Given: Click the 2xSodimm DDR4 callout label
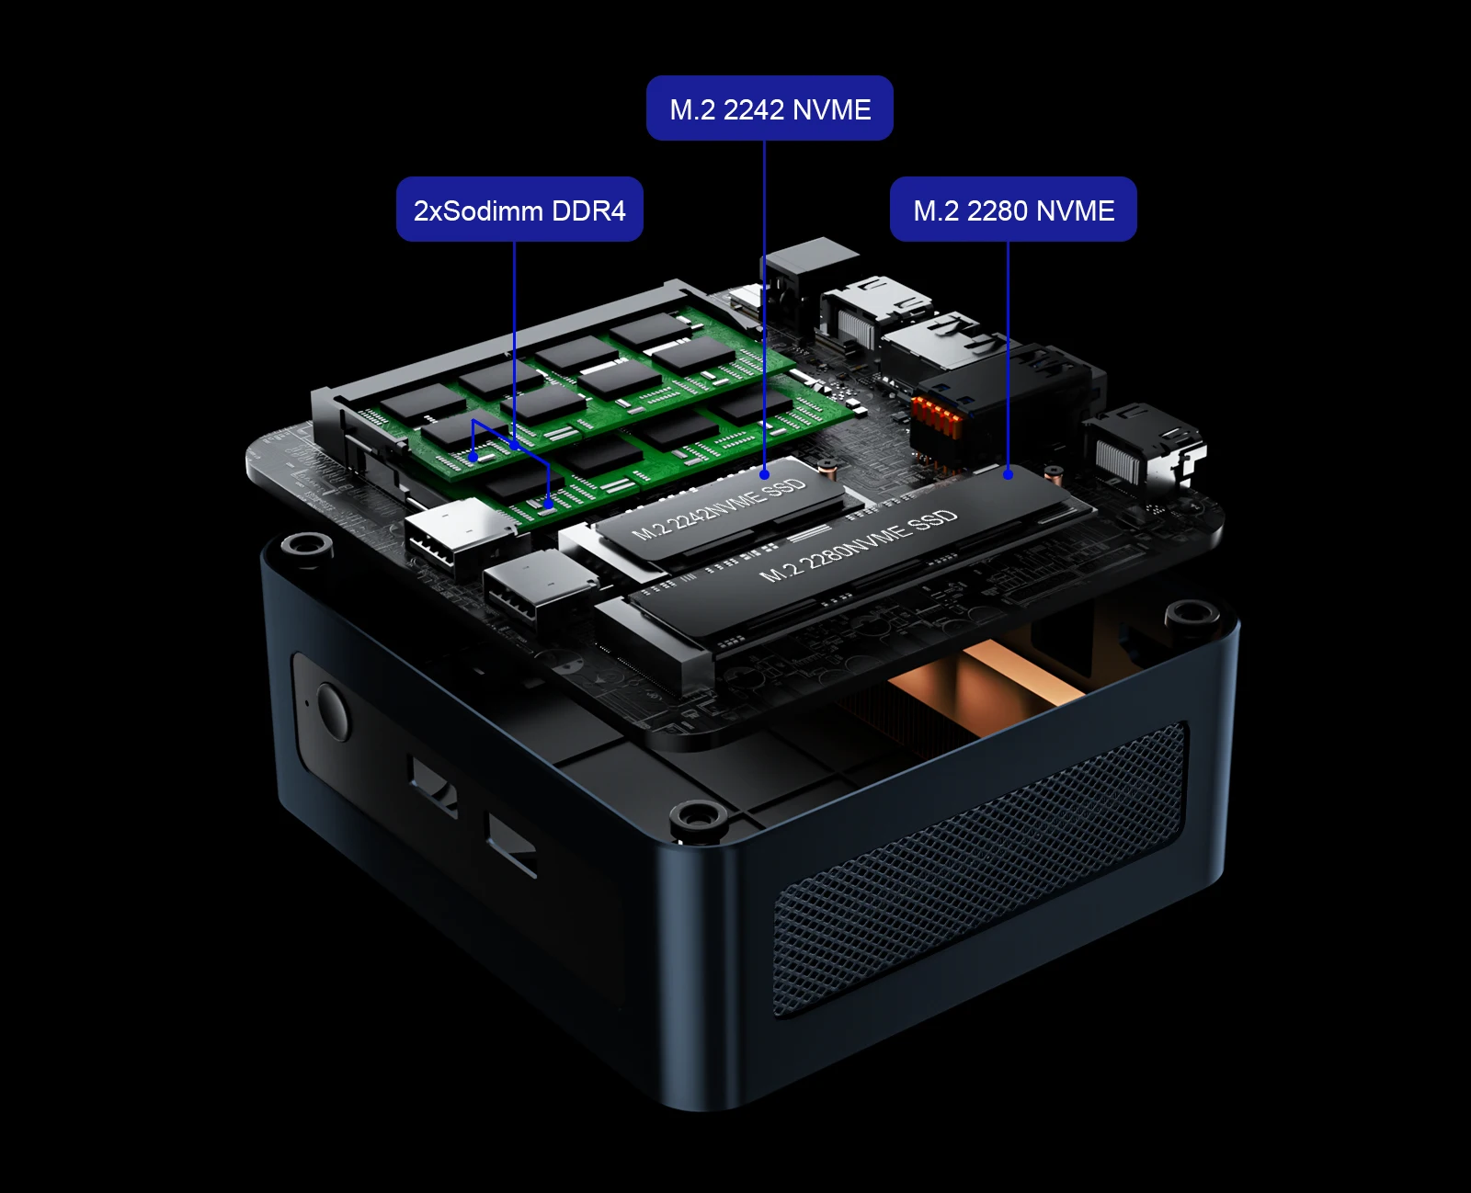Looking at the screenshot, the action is pyautogui.click(x=519, y=210).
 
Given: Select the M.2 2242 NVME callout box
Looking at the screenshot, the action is pyautogui.click(x=770, y=108).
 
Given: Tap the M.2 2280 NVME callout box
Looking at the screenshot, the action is pyautogui.click(x=1013, y=210).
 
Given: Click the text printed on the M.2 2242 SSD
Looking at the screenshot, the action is pyautogui.click(x=718, y=509).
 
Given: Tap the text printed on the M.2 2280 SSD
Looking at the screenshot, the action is pyautogui.click(x=859, y=546).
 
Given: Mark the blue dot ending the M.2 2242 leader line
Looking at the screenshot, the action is pyautogui.click(x=765, y=474).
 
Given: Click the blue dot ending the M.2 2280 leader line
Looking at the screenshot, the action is pyautogui.click(x=1009, y=474).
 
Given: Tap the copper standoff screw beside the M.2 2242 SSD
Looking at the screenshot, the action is pyautogui.click(x=828, y=471).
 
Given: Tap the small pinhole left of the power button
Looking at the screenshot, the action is pyautogui.click(x=307, y=703).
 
